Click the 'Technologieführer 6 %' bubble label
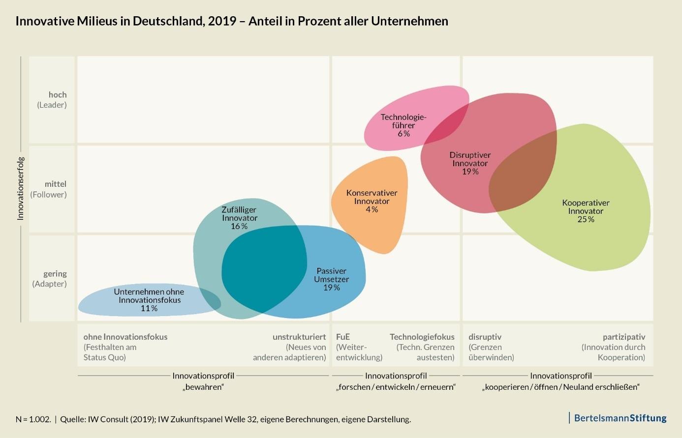tap(403, 125)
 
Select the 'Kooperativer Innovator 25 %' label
tap(586, 211)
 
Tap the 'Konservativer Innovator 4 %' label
tap(372, 201)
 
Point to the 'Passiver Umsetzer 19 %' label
tap(331, 279)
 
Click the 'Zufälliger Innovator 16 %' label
tap(239, 218)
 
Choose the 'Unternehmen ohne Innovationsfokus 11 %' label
tap(149, 300)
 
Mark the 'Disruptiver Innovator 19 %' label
tap(470, 163)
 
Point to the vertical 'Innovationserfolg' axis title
tap(21, 188)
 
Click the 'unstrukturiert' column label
tap(299, 337)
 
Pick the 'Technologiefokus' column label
tap(422, 337)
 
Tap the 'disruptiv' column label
tap(485, 337)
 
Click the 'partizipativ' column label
tap(623, 337)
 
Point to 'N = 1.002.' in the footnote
tap(33, 419)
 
